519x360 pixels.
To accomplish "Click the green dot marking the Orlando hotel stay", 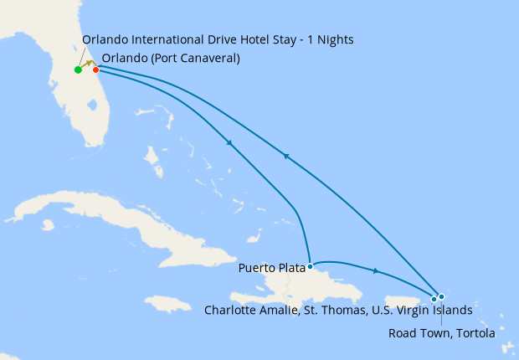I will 78,69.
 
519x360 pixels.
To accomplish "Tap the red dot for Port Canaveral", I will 95,69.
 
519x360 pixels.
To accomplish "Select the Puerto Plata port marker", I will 310,266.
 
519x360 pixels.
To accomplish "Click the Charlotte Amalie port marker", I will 434,299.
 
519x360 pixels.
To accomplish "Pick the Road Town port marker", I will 441,296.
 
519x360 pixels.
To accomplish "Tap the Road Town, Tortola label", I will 442,332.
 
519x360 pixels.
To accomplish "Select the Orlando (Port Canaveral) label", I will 170,59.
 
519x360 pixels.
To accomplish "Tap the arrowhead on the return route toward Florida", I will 286,156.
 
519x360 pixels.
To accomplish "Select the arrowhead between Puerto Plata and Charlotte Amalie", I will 377,271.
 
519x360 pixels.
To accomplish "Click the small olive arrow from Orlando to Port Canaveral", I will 87,64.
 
